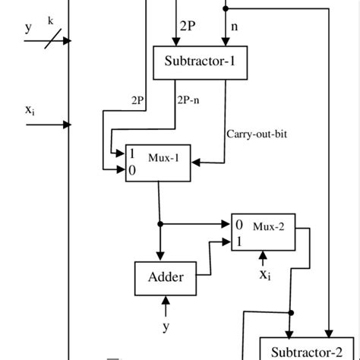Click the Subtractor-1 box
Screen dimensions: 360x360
click(x=201, y=62)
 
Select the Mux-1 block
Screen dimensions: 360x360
click(x=159, y=162)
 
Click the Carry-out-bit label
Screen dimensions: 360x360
click(x=257, y=134)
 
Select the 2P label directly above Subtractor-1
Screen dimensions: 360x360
click(x=188, y=25)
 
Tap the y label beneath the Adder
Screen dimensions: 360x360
click(x=166, y=327)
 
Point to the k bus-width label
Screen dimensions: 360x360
click(x=51, y=21)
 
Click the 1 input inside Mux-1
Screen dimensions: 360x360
click(x=131, y=153)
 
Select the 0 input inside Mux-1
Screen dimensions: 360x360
click(x=131, y=170)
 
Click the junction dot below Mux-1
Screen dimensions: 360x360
click(x=159, y=225)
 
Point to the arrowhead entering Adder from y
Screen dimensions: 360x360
click(x=166, y=302)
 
